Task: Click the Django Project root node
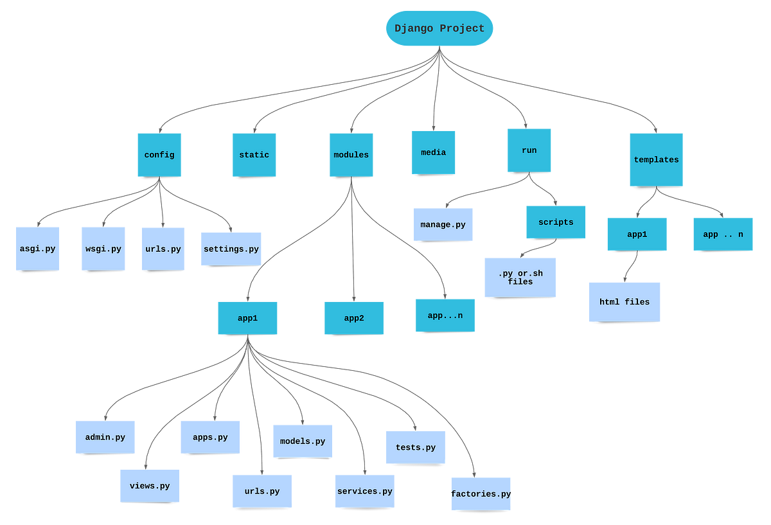[439, 28]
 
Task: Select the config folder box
[159, 155]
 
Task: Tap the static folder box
[254, 155]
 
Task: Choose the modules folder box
[351, 155]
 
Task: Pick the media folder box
[434, 152]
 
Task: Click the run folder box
[529, 150]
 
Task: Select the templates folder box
[656, 159]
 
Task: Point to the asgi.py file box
[37, 249]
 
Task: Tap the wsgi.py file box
[103, 249]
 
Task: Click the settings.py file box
[231, 249]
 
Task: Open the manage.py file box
[443, 224]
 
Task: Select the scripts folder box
[556, 222]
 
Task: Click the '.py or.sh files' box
[520, 278]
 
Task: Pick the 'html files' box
[625, 301]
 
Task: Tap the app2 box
[353, 318]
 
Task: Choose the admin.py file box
[105, 437]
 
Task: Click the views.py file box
[149, 486]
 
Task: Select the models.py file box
[303, 441]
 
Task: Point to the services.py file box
[365, 491]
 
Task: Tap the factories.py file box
[481, 494]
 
